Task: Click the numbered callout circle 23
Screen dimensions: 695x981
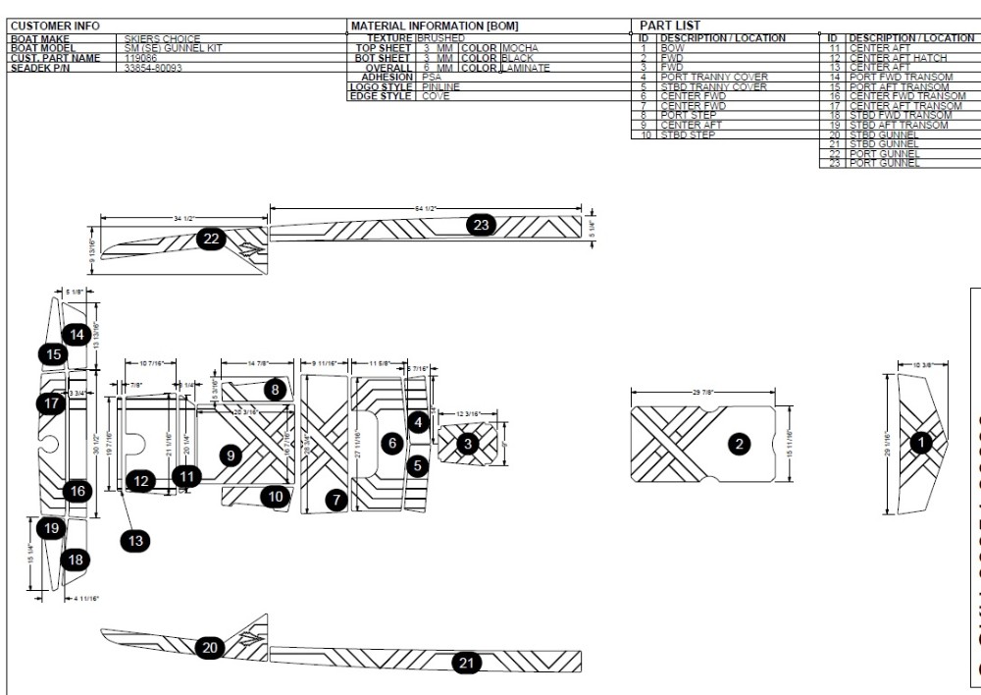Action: click(482, 225)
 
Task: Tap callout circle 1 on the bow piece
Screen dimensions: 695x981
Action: click(921, 443)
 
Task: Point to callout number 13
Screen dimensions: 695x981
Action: click(135, 539)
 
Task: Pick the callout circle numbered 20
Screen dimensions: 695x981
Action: click(210, 647)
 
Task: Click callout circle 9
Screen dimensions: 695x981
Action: click(231, 454)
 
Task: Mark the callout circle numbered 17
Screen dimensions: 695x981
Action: click(52, 402)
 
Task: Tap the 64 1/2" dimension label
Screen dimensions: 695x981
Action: click(424, 208)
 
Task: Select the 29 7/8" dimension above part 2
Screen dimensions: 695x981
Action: click(702, 392)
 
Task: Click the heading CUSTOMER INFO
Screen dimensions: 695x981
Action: click(55, 25)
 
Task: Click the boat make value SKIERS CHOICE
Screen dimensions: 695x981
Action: click(162, 39)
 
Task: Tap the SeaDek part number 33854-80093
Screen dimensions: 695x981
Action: click(154, 68)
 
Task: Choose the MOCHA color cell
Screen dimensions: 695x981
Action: click(520, 48)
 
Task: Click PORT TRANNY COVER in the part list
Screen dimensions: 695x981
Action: click(713, 77)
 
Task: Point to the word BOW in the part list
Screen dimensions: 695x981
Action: click(673, 48)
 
